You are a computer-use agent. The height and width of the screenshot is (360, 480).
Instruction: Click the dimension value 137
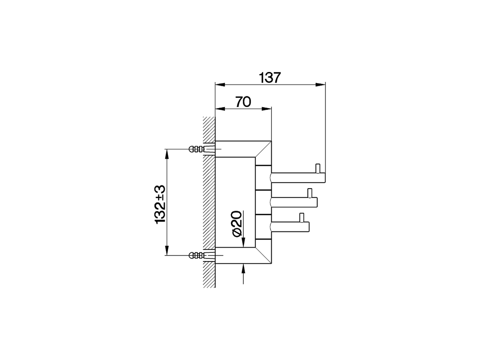click(270, 78)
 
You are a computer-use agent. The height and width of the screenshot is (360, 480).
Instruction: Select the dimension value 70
click(243, 102)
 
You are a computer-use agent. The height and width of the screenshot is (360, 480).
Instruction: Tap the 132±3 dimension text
click(160, 203)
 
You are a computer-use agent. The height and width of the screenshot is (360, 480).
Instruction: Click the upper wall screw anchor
click(197, 149)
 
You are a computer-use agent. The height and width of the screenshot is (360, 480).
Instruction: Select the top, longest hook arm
click(298, 178)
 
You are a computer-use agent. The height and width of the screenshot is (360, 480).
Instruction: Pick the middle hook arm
click(294, 202)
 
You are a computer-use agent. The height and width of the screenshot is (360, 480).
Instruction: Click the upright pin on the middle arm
click(309, 192)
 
